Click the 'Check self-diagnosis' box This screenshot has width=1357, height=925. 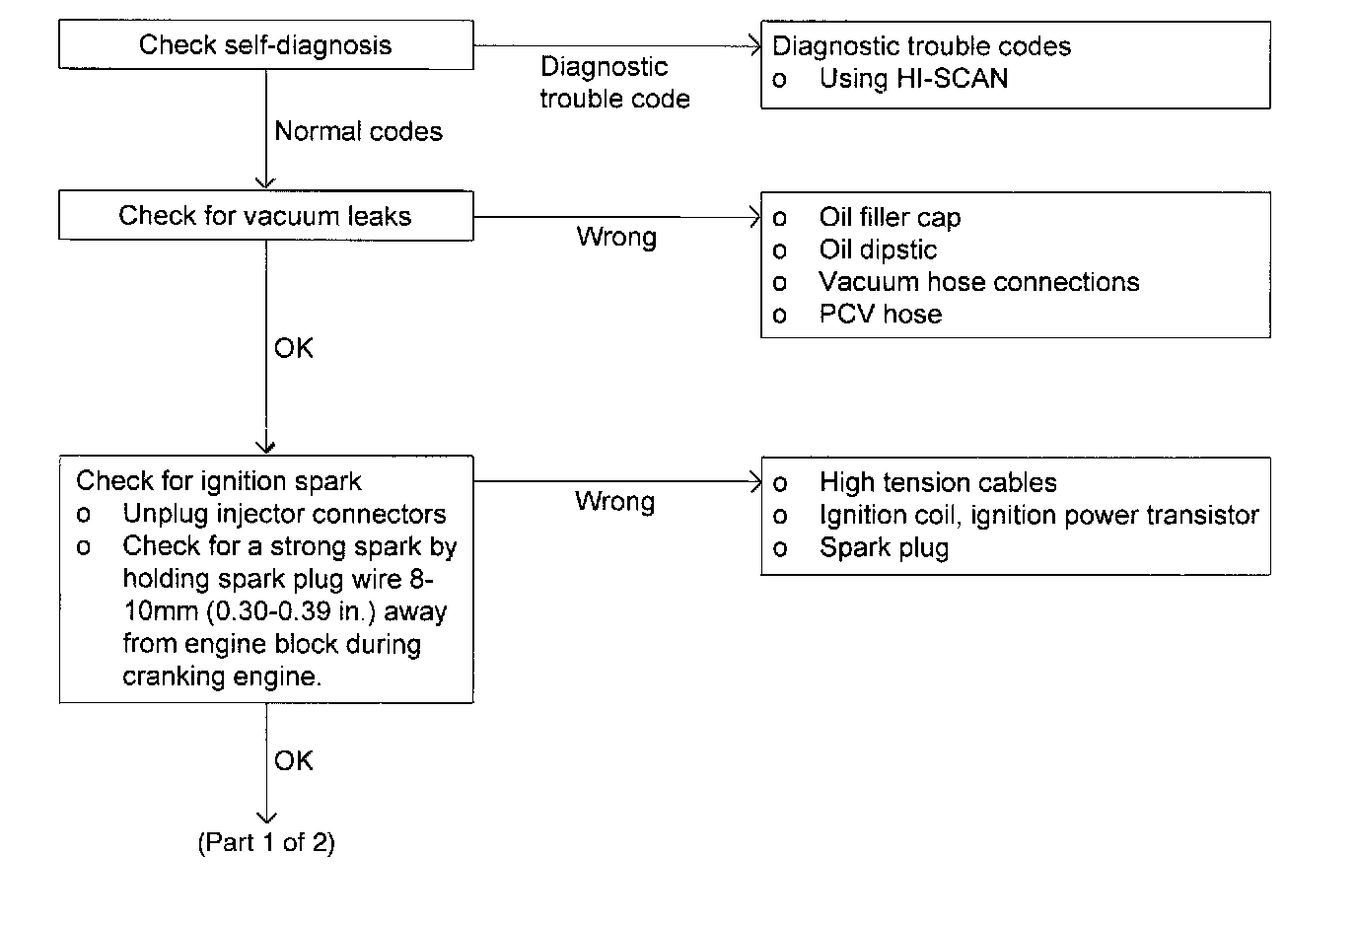(x=265, y=45)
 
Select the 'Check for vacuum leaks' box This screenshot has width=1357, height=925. (x=265, y=216)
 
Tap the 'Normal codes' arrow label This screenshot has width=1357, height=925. (x=358, y=131)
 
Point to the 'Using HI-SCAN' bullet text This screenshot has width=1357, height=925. (x=913, y=79)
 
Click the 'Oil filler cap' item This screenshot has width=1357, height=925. (x=890, y=217)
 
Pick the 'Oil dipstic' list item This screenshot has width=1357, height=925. (x=878, y=249)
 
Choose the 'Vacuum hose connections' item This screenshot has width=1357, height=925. (x=978, y=282)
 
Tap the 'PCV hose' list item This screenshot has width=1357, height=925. (x=880, y=315)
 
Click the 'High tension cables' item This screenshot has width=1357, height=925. (x=938, y=482)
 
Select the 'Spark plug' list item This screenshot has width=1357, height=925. (x=884, y=548)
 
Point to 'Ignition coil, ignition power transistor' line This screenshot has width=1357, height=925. (x=1038, y=515)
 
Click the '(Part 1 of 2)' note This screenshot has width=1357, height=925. (x=266, y=843)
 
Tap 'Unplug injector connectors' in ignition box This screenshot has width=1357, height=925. (x=284, y=514)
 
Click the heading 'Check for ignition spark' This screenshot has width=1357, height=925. (x=219, y=481)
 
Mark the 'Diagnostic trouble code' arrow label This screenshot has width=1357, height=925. (x=613, y=83)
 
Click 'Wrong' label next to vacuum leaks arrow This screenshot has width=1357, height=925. (x=616, y=237)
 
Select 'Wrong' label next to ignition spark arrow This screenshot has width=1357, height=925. (x=614, y=501)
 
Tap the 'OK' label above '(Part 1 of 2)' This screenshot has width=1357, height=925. (x=294, y=760)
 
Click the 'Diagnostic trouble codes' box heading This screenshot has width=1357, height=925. (x=921, y=46)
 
